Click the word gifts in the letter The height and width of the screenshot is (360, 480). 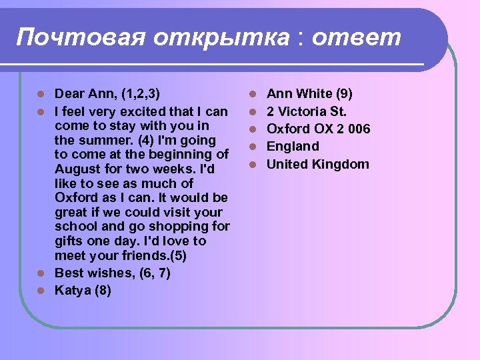point(71,241)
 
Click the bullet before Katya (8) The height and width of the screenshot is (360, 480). point(41,290)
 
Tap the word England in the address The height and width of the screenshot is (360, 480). point(293,147)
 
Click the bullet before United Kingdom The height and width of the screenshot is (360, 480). point(253,164)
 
